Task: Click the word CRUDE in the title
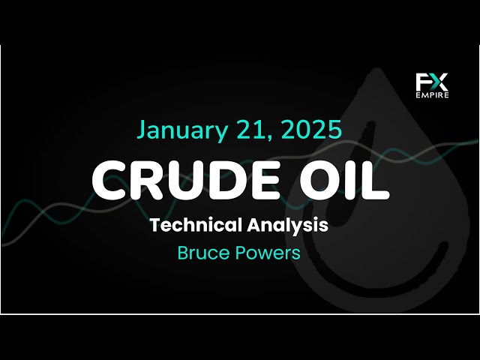pyautogui.click(x=187, y=180)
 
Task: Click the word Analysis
pyautogui.click(x=289, y=225)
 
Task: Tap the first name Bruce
pyautogui.click(x=201, y=253)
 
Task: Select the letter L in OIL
pyautogui.click(x=375, y=180)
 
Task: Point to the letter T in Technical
pyautogui.click(x=155, y=225)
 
